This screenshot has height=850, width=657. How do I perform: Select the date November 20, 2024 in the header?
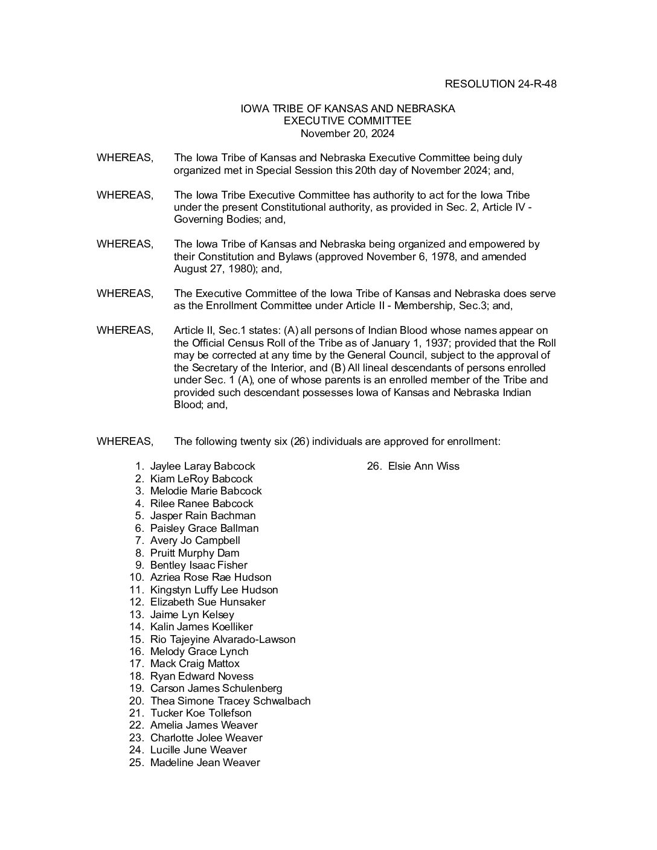347,133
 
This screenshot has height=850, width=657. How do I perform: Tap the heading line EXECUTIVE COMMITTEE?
347,121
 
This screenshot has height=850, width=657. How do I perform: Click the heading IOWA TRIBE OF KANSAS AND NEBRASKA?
347,109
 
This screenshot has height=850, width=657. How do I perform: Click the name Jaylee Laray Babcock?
202,467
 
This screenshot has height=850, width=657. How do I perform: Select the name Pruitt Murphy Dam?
194,553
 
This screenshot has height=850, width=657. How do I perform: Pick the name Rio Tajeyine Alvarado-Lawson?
223,639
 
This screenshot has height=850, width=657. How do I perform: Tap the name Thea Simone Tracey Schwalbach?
230,701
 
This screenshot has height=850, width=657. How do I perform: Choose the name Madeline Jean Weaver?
205,762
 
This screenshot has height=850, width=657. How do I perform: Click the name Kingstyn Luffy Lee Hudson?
214,590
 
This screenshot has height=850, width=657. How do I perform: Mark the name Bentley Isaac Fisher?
199,565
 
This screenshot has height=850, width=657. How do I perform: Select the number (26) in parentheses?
300,441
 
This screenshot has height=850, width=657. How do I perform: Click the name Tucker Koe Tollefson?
200,713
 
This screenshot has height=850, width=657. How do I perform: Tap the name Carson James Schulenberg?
216,688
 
